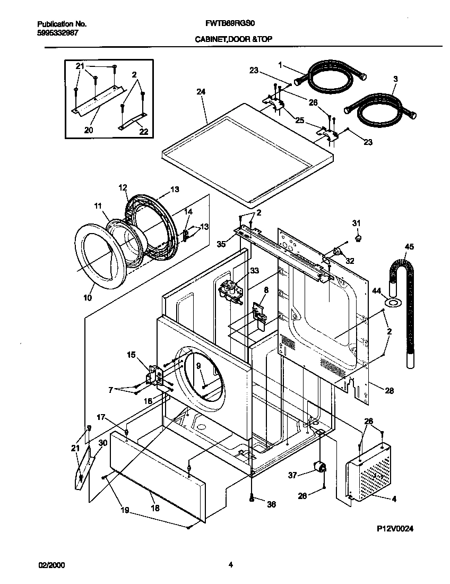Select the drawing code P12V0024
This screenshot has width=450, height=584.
(395, 529)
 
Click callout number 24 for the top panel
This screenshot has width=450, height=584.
(201, 92)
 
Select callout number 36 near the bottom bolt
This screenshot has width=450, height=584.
(271, 505)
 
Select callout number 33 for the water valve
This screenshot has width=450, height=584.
(254, 271)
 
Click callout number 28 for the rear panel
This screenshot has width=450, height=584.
(390, 391)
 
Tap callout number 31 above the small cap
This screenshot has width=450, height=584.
(356, 222)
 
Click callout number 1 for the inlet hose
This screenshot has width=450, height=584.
(280, 64)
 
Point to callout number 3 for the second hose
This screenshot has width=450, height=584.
(395, 79)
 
